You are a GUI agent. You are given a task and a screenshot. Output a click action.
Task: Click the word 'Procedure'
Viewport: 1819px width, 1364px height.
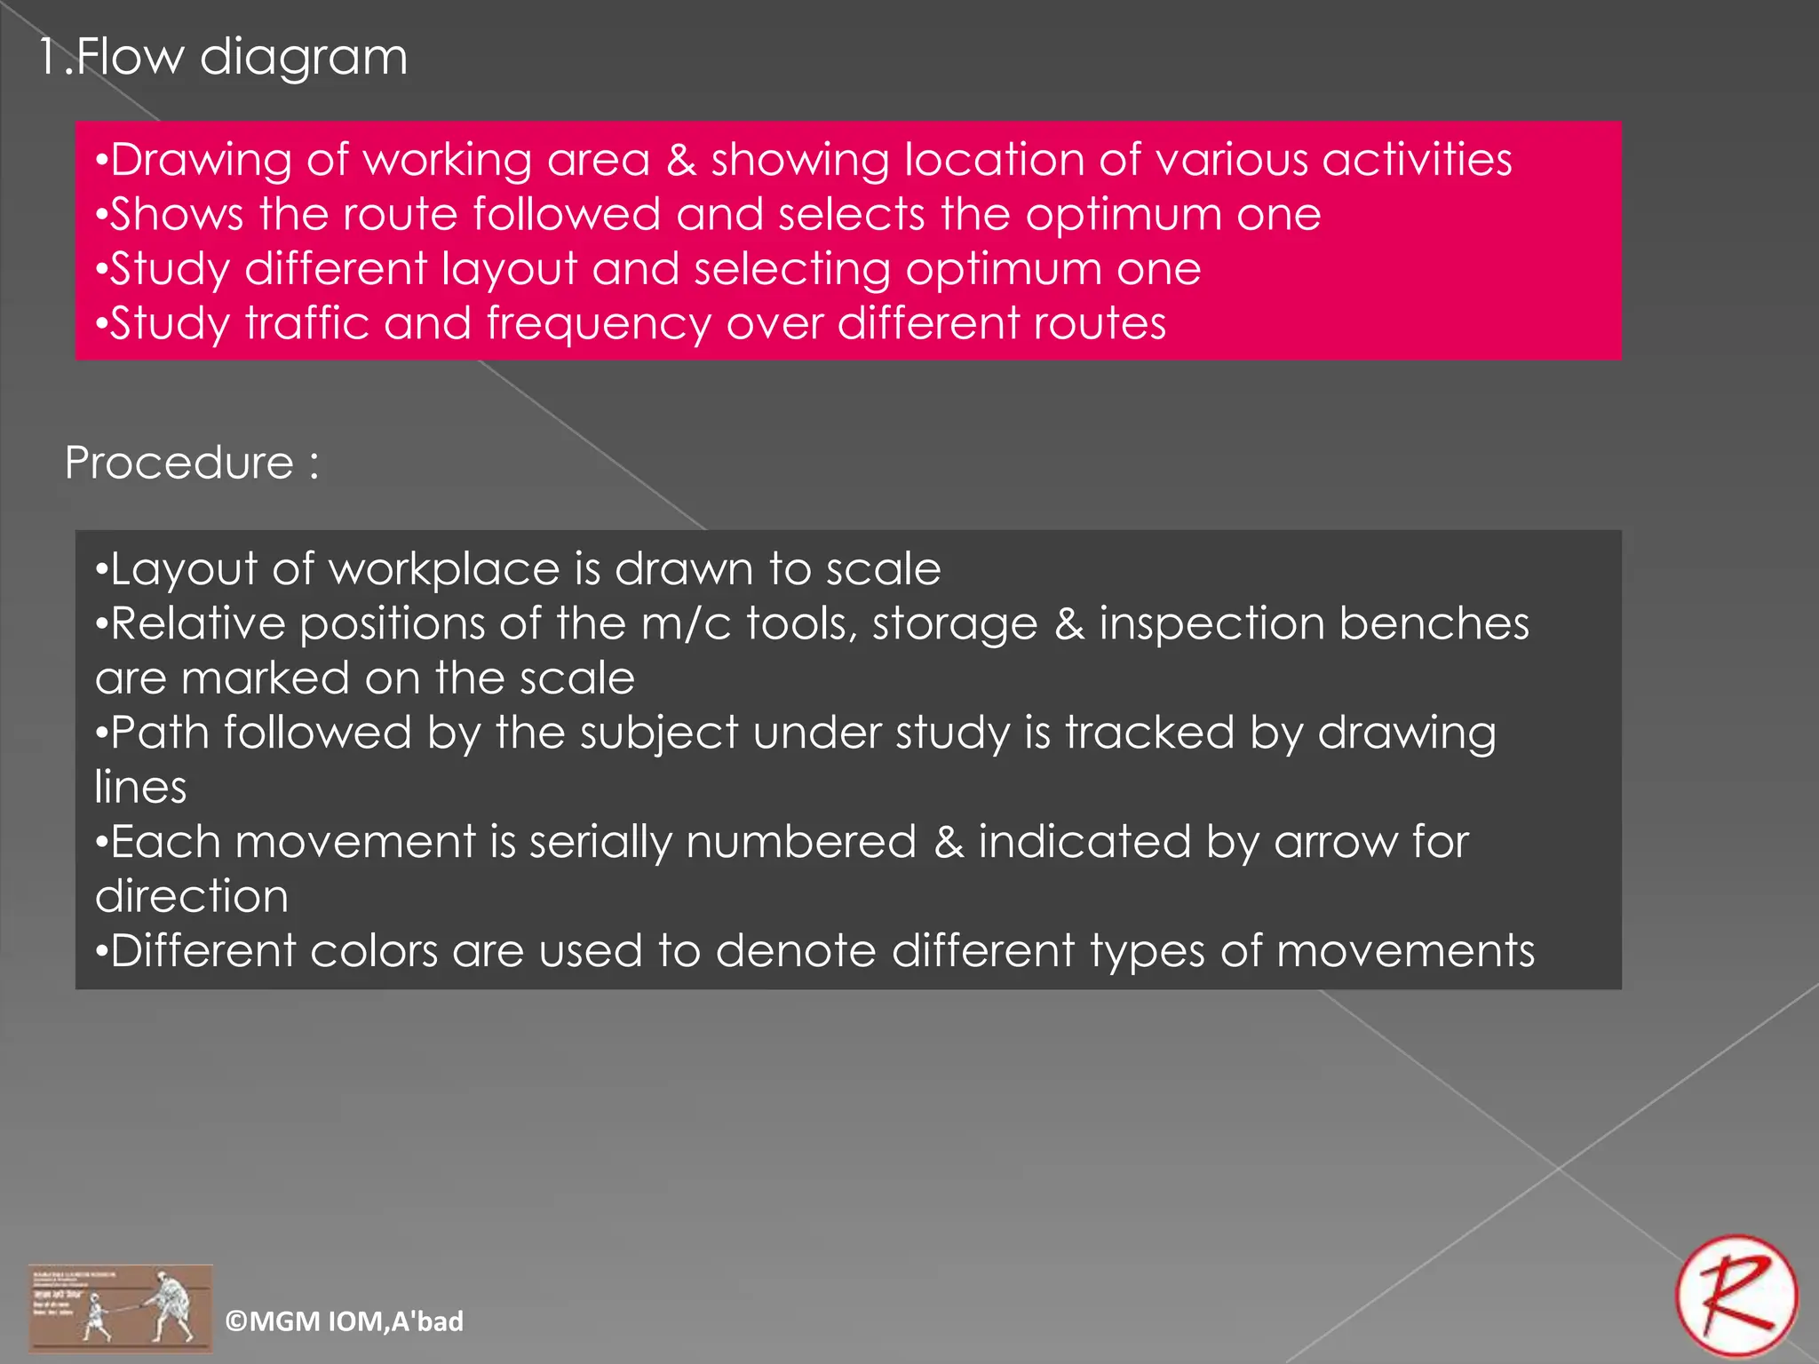[179, 463]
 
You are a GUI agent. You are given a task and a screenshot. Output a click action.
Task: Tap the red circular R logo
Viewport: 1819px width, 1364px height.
[1736, 1297]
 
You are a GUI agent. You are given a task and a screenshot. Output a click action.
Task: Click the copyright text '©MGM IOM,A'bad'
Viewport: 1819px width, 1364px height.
[344, 1321]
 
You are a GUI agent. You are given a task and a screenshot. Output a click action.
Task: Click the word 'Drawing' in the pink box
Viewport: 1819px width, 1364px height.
[201, 161]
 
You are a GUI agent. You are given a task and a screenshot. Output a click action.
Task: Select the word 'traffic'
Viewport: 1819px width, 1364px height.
[307, 323]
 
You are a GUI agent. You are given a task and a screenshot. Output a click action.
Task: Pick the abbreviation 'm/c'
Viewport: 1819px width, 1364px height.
[686, 623]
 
